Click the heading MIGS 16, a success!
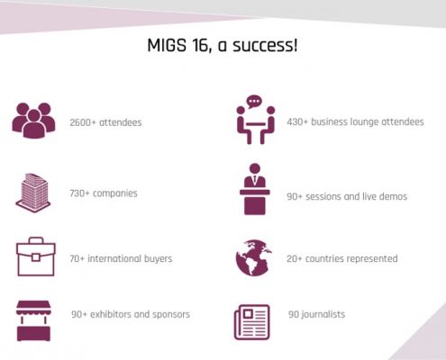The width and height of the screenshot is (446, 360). [223, 46]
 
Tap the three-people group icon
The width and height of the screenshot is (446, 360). [33, 121]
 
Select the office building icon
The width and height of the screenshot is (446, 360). [33, 193]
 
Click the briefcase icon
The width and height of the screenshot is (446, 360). [36, 256]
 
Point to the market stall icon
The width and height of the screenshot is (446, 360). [33, 320]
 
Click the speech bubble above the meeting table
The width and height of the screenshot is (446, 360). [254, 102]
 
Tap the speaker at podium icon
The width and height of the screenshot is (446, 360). [255, 189]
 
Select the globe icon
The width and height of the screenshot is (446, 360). [254, 257]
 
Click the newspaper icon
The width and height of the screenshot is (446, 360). [252, 322]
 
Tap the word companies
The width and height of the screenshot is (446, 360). [115, 193]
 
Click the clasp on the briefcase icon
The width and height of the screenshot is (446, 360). [36, 257]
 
